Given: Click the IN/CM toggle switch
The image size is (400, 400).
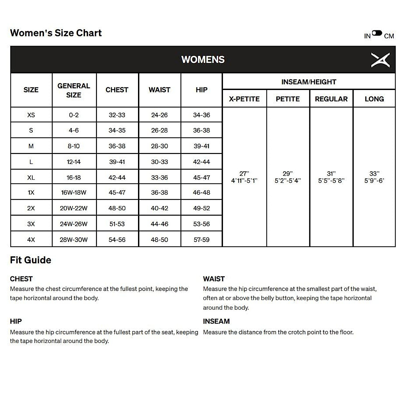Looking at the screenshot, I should coord(377,33).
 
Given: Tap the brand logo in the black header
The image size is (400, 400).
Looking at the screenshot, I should coord(380,60).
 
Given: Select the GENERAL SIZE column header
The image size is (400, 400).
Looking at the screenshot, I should coord(74,90).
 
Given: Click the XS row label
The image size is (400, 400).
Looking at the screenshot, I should coord(31,115).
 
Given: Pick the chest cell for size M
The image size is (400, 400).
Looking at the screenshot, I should coord(117,146).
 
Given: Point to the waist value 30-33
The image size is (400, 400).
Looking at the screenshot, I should coord(159,162).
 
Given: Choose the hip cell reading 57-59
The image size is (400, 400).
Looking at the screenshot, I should coord(201,240).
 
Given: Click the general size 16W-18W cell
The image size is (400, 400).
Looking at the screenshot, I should coord(74,193).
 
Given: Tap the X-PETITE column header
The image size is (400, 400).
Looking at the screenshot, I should coord(244,99).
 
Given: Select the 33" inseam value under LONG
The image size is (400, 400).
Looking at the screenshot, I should coord(374,174).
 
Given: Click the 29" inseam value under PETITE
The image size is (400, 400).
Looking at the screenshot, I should coord(287,174).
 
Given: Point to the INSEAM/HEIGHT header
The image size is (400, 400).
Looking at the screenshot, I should coord(309,82).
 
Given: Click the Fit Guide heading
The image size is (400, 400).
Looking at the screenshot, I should coord(31,260).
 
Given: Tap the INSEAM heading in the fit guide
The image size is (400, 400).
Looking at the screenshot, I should coord(216,321).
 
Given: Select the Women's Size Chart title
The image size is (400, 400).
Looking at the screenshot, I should coord(56,33).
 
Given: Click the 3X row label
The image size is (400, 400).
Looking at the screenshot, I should coord(31,224).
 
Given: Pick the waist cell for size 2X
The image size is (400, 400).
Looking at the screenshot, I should coord(159,208).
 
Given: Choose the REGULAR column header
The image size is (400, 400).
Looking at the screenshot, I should coord(331,99).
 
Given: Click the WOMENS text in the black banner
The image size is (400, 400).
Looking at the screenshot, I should coord(203,60).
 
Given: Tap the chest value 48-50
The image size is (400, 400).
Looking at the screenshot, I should coord(117,208).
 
